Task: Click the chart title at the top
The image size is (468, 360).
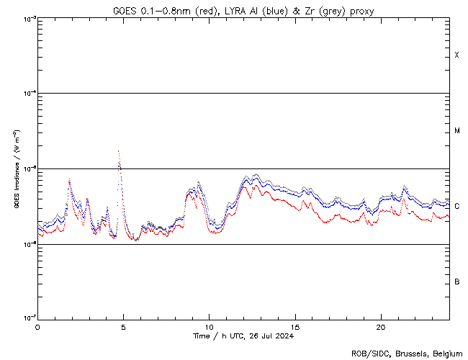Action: point(243,11)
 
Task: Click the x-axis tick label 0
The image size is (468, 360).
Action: point(37,326)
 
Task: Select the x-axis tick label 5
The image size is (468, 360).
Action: point(123,326)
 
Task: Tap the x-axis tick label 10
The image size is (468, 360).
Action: point(209,326)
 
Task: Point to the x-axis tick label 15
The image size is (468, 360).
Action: point(295,326)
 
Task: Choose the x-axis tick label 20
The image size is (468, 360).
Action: point(381,326)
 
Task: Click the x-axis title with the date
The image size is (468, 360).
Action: point(243,336)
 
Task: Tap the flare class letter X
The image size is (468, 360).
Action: point(456,55)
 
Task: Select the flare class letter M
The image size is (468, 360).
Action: point(456,131)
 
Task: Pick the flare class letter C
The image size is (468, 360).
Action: point(456,207)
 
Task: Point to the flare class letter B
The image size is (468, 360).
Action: point(456,282)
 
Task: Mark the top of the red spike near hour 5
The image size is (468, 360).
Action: point(118,151)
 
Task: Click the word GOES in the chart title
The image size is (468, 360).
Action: point(125,11)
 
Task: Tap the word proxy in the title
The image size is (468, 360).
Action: point(361,11)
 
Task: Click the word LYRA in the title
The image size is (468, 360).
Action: point(248,11)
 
